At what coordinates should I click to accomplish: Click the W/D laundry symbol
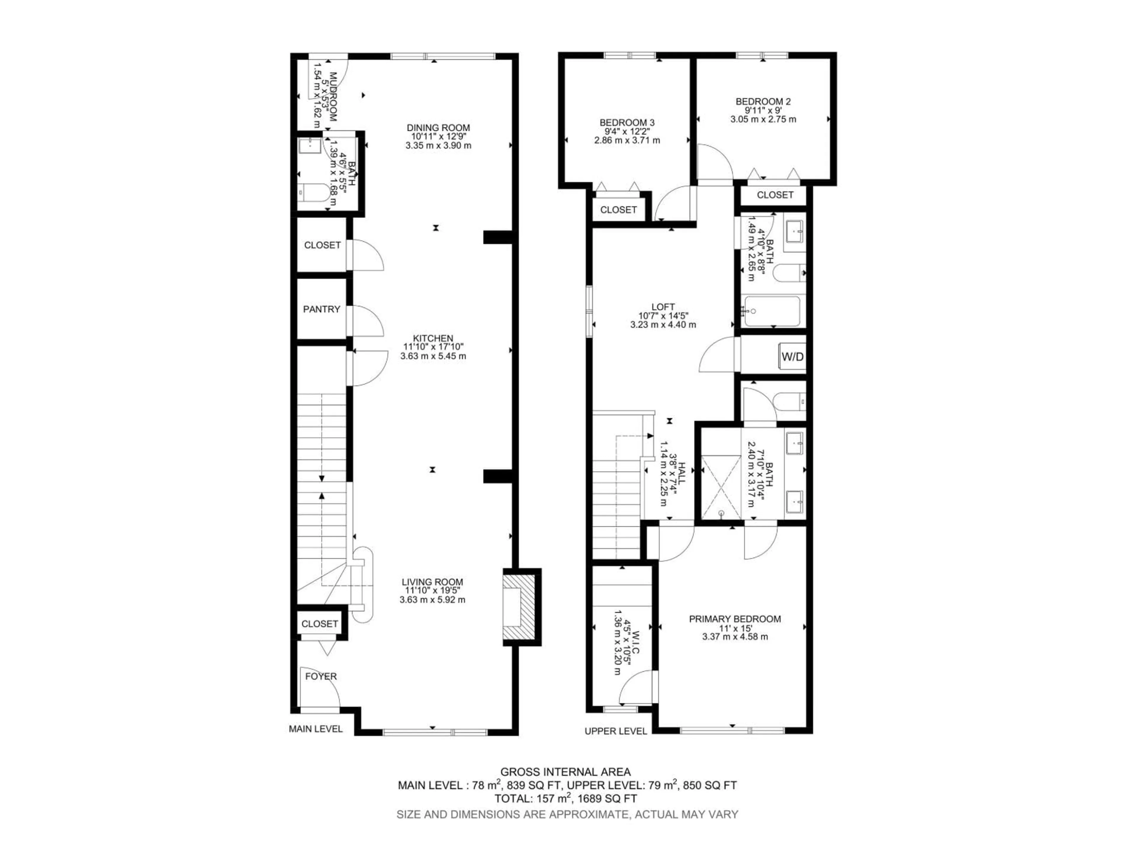pos(792,356)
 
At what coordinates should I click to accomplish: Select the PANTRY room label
pos(321,309)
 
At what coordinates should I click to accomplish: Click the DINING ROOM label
pos(438,128)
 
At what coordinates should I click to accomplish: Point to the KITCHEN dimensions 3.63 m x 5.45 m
pos(433,356)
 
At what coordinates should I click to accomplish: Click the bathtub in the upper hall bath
pos(771,311)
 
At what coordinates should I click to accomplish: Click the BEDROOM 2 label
pos(763,101)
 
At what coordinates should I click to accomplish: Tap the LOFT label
pos(663,307)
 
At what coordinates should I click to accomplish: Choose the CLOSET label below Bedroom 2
pos(775,195)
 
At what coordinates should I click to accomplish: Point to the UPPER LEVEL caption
pos(615,731)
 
